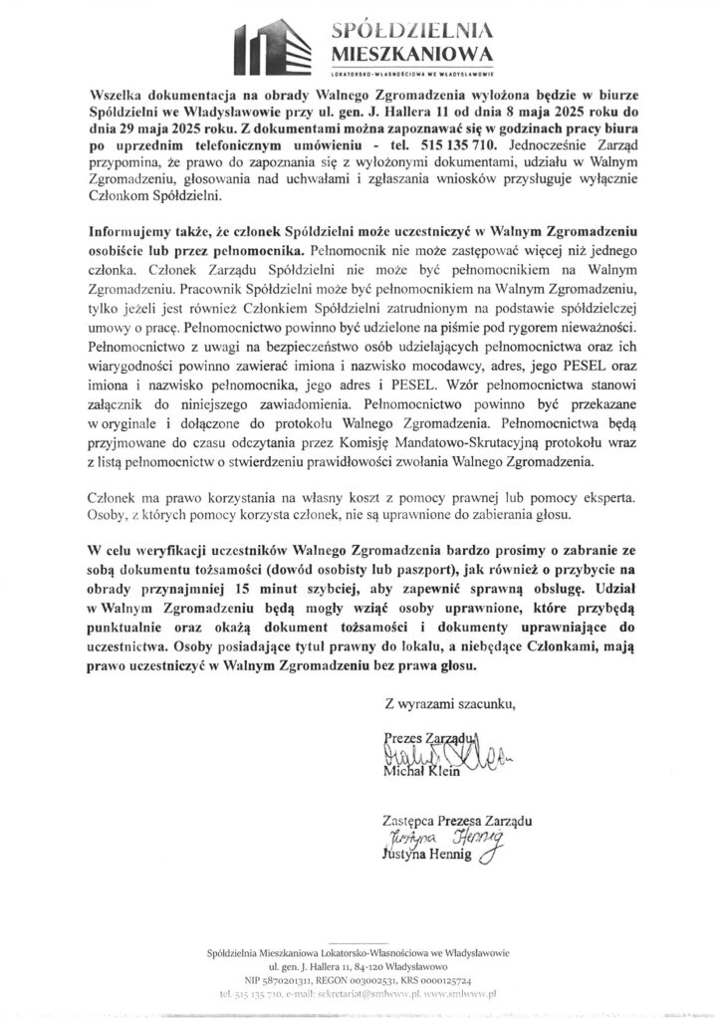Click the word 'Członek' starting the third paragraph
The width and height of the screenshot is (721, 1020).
pyautogui.click(x=115, y=496)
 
